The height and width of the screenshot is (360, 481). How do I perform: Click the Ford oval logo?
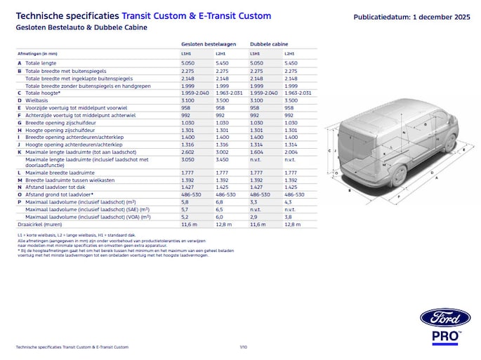444,318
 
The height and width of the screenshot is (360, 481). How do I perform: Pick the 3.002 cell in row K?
223,152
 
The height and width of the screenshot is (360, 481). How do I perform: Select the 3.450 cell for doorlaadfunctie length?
223,160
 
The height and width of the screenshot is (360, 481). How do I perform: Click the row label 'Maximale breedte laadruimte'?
60,173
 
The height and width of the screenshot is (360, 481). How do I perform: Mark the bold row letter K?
19,152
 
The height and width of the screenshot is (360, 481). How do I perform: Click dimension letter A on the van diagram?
437,178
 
